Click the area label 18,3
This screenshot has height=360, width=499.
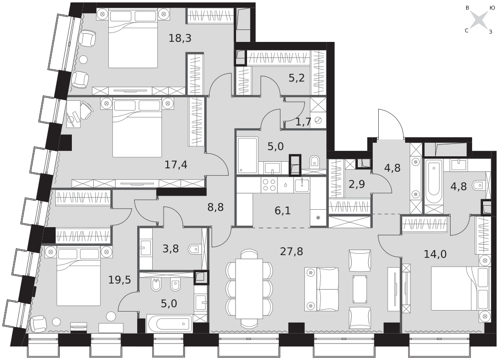click(x=180, y=38)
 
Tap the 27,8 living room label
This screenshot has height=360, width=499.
click(x=291, y=252)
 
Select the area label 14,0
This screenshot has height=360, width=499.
click(x=435, y=254)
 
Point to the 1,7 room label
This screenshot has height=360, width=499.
click(x=303, y=122)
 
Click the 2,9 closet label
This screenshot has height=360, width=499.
click(x=357, y=184)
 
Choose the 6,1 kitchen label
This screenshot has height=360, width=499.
click(x=282, y=210)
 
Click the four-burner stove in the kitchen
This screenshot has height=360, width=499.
click(x=269, y=185)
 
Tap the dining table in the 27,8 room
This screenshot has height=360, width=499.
click(x=249, y=289)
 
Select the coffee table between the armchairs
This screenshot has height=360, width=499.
click(x=360, y=289)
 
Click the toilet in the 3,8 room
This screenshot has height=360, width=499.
click(x=194, y=249)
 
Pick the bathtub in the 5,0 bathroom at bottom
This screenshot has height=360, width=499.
click(x=170, y=324)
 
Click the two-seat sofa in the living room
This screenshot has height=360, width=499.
click(x=322, y=289)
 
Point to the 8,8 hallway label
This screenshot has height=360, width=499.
click(x=216, y=207)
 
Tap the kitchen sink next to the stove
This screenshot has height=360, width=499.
click(x=301, y=185)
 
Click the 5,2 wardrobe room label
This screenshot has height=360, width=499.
click(x=296, y=78)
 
